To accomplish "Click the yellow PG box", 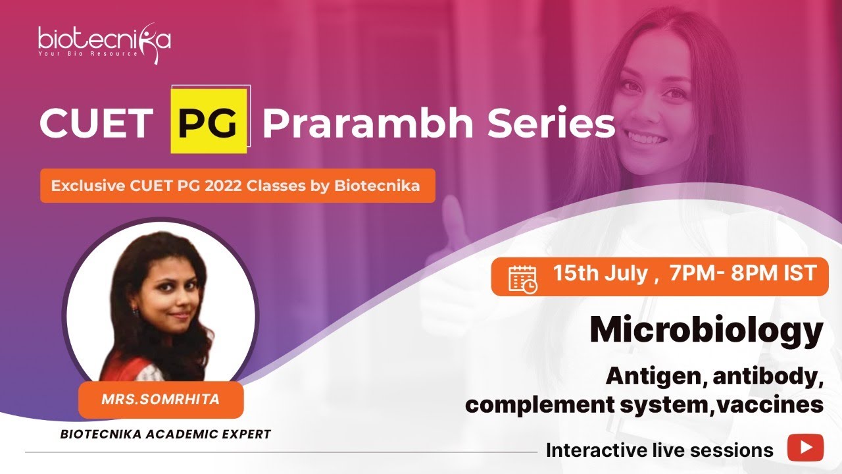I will pos(208,122).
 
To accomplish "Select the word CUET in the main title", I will pos(96,123).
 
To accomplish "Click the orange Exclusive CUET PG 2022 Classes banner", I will pos(237,186).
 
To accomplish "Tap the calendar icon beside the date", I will pos(523,277).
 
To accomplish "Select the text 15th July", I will pos(600,274).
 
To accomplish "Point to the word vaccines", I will pos(771,404).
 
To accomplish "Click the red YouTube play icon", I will pos(805,448).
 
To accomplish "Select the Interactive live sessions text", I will pos(660,450).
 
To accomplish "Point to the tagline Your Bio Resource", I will pos(88,53).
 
